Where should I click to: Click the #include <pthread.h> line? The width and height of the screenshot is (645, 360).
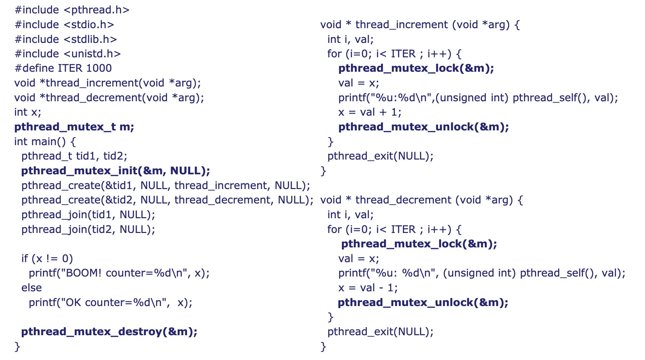pyautogui.click(x=72, y=10)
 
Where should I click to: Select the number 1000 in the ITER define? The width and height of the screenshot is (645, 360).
pyautogui.click(x=99, y=68)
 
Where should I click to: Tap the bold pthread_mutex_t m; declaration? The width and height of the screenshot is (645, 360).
pyautogui.click(x=74, y=127)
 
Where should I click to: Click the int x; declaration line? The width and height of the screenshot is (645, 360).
pyautogui.click(x=27, y=112)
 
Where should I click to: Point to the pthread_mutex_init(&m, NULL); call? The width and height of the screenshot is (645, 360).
pyautogui.click(x=115, y=171)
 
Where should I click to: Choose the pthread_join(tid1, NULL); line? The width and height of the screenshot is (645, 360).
pyautogui.click(x=88, y=215)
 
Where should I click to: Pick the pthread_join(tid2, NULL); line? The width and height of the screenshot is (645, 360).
pyautogui.click(x=88, y=230)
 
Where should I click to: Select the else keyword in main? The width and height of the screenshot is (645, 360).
pyautogui.click(x=32, y=288)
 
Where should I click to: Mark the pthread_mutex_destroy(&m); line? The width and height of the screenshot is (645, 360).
pyautogui.click(x=109, y=332)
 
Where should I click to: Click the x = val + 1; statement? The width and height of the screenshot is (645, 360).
pyautogui.click(x=369, y=112)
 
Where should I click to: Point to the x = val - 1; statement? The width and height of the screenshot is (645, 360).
pyautogui.click(x=368, y=288)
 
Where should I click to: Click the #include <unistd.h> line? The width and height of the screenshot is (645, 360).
pyautogui.click(x=67, y=54)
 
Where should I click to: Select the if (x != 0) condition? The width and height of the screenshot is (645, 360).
pyautogui.click(x=47, y=259)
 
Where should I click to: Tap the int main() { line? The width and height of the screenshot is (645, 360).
pyautogui.click(x=45, y=142)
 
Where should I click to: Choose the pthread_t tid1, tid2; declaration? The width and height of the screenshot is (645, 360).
pyautogui.click(x=74, y=156)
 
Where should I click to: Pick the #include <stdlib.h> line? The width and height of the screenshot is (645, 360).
pyautogui.click(x=66, y=40)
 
